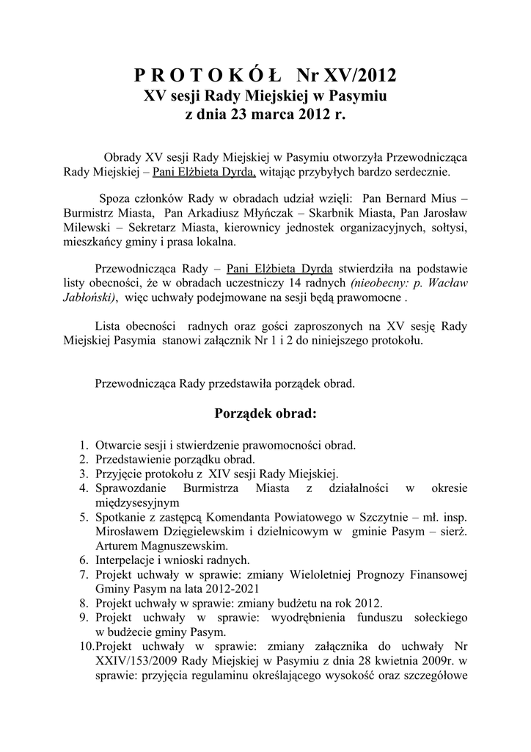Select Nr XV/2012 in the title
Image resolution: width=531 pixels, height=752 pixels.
pyautogui.click(x=346, y=75)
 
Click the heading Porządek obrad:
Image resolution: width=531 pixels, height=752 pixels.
pyautogui.click(x=265, y=413)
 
